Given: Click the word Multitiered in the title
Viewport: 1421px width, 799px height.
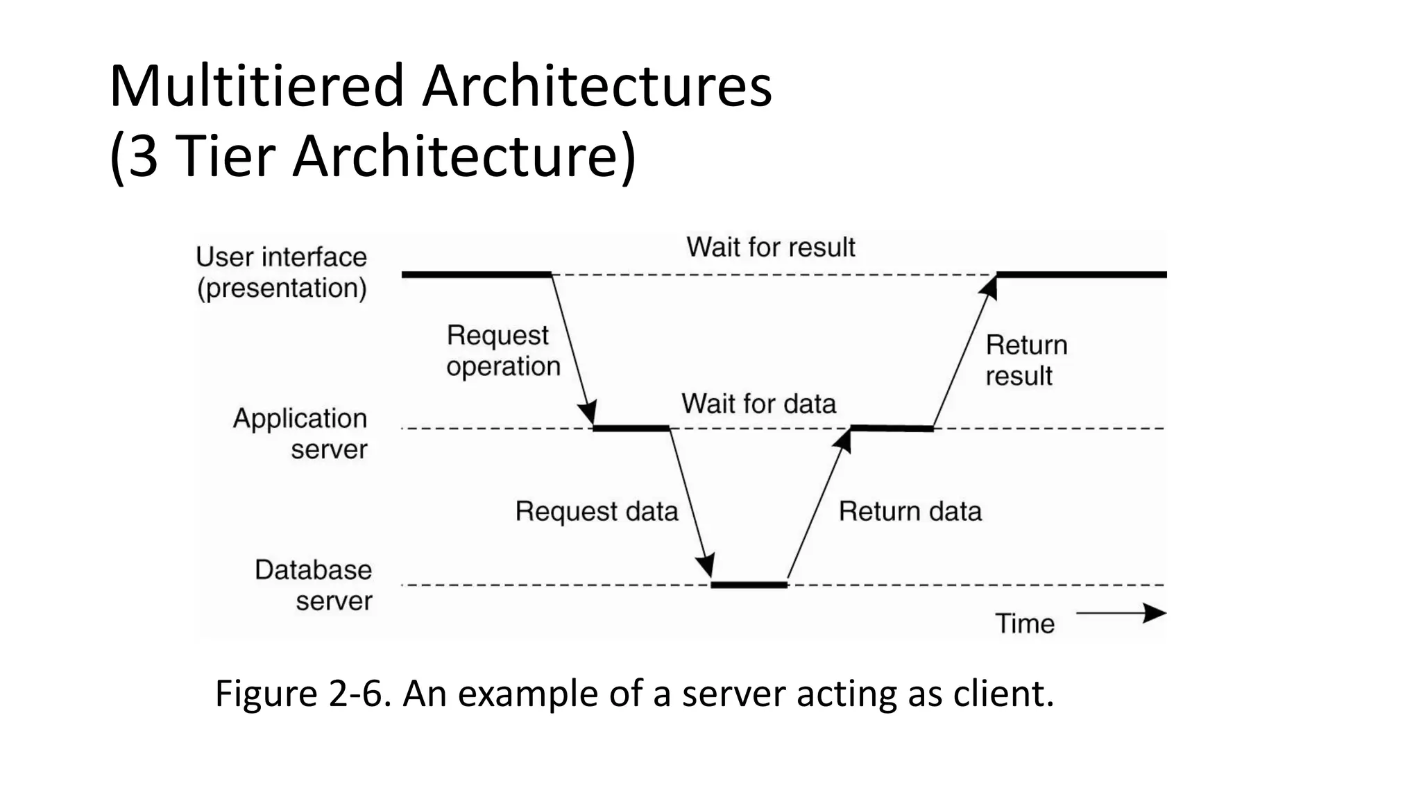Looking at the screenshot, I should (x=257, y=87).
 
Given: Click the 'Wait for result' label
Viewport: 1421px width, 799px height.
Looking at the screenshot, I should (x=770, y=248).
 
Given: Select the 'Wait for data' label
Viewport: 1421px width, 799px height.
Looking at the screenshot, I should (x=758, y=404).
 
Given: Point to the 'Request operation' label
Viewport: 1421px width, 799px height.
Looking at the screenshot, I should (x=502, y=351).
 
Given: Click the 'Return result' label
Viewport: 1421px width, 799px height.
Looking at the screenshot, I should (x=1026, y=361).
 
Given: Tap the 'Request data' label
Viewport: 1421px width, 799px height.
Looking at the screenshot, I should (x=596, y=512).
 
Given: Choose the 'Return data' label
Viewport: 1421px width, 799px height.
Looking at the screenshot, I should (x=910, y=512).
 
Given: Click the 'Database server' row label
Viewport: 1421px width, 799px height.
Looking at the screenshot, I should (x=314, y=585).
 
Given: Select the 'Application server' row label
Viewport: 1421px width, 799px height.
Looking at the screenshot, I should (x=300, y=433).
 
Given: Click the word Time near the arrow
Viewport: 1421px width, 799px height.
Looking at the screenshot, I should (x=1025, y=624).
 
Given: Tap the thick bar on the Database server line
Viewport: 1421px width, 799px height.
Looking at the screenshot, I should (x=749, y=585).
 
